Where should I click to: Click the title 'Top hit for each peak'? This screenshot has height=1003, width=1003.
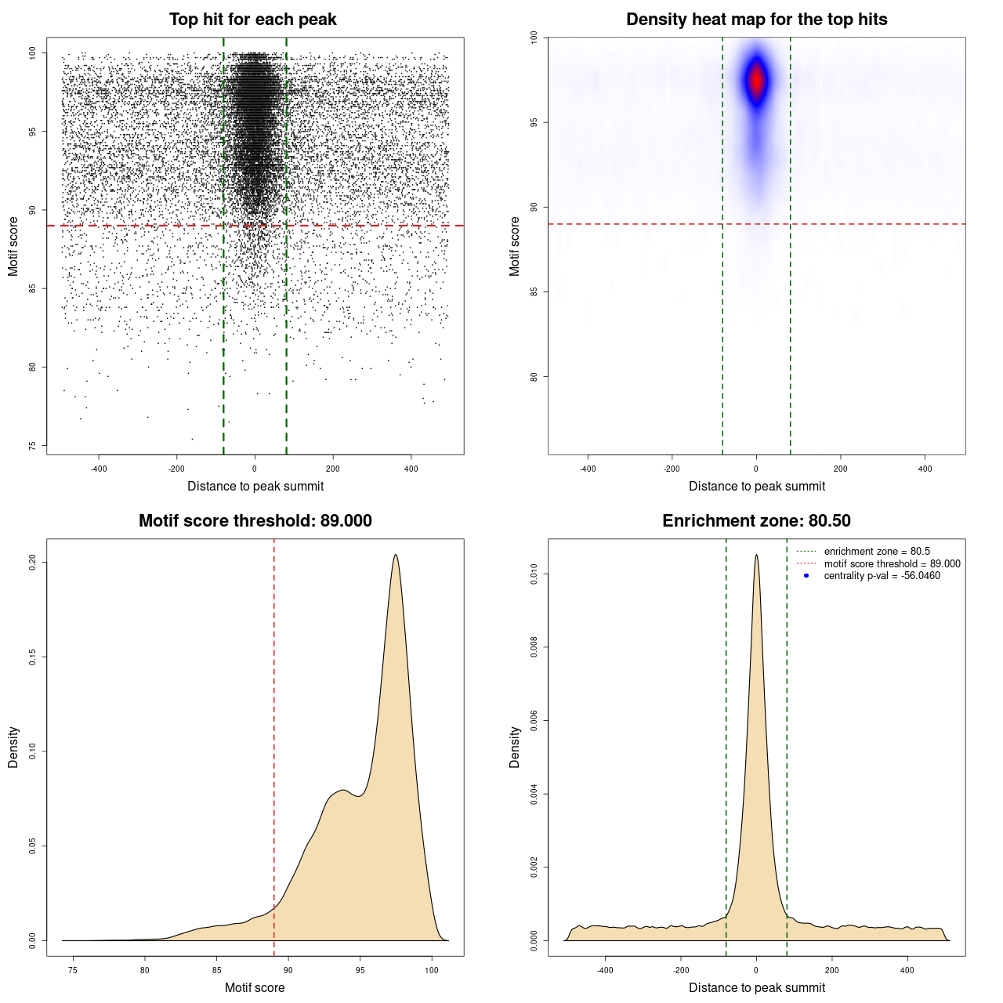[x=252, y=20]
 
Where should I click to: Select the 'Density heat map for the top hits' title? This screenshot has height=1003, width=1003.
[x=756, y=20]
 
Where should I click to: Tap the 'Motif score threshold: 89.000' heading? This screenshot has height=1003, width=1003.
[x=255, y=521]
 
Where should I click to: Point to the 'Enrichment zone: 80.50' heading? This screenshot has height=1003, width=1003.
[x=756, y=521]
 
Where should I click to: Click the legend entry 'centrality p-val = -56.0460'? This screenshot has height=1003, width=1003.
[x=882, y=576]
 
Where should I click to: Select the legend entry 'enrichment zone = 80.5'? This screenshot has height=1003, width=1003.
[x=877, y=552]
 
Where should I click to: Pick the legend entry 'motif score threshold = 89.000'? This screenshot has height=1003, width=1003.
[x=892, y=563]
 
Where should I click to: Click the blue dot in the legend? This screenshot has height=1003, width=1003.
[x=806, y=576]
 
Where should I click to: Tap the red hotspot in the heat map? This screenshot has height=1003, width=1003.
[x=756, y=80]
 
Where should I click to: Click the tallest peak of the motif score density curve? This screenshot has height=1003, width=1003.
[x=396, y=555]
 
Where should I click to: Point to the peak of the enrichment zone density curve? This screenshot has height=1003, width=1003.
[x=756, y=555]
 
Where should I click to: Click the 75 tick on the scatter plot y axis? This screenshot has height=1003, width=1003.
[x=32, y=446]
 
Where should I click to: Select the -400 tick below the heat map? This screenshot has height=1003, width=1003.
[x=588, y=469]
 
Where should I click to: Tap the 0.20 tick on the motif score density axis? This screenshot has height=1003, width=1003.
[x=32, y=562]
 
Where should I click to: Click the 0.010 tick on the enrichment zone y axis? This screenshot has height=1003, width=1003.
[x=534, y=574]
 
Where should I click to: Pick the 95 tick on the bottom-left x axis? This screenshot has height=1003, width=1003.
[x=360, y=970]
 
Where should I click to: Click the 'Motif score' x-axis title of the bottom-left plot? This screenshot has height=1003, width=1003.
[x=255, y=987]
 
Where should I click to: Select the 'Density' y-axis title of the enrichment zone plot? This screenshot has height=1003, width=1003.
[x=515, y=747]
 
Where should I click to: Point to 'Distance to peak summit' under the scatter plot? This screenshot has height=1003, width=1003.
[x=255, y=486]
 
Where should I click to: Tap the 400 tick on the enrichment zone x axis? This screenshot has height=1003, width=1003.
[x=907, y=970]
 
